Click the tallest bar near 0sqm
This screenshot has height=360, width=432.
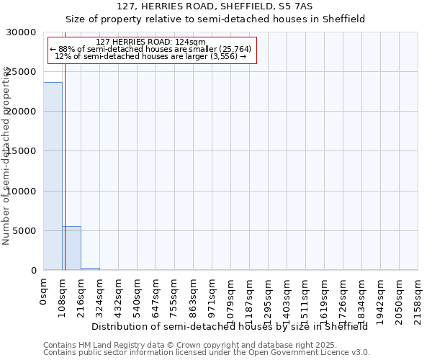tap(53, 176)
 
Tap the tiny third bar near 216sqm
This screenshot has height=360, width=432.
tap(90, 269)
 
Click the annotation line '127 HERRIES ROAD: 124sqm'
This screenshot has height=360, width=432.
tap(150, 42)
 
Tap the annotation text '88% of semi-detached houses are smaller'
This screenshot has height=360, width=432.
tap(150, 49)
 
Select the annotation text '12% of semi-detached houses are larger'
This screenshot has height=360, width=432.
tap(150, 55)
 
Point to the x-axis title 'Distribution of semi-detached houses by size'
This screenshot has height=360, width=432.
tap(230, 326)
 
